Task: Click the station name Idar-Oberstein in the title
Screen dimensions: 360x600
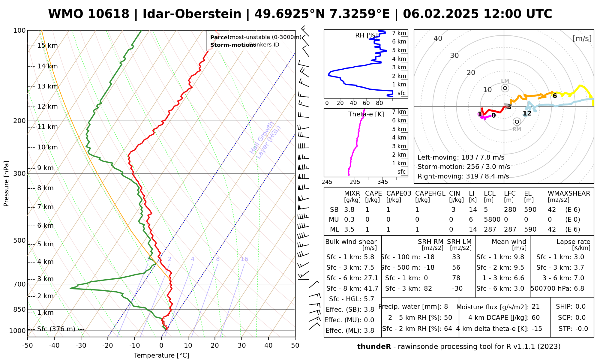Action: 192,14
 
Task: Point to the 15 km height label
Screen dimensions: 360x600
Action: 47,46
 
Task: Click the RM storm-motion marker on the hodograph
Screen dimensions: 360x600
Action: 517,121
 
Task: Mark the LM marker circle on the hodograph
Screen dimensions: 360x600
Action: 505,88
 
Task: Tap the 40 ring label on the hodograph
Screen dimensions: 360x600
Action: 438,38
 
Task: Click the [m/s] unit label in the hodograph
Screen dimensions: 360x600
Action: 582,38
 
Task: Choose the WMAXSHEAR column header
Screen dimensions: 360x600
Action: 569,193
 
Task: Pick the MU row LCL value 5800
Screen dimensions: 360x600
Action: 492,220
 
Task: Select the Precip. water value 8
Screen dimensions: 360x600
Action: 446,307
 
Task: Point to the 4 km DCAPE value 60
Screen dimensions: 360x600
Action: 535,318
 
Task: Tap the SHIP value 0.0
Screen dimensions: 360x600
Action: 580,307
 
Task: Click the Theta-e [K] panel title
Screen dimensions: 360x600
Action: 366,114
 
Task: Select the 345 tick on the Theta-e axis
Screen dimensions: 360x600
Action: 382,182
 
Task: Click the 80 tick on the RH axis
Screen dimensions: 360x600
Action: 379,103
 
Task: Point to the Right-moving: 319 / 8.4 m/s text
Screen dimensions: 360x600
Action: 463,176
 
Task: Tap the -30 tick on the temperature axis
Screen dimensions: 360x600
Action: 81,346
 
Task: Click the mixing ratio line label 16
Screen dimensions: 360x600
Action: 244,259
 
